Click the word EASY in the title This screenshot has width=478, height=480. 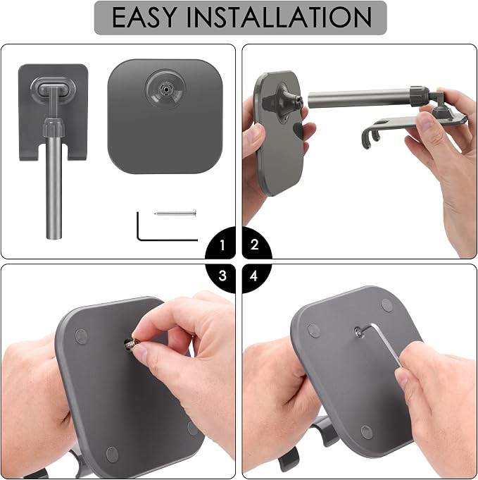[144, 17]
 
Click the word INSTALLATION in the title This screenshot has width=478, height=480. [279, 17]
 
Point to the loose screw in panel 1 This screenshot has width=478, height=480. [175, 214]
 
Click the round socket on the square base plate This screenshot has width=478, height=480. [165, 89]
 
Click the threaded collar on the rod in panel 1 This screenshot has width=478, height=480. [54, 127]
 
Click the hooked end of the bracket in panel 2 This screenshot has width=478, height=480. [371, 137]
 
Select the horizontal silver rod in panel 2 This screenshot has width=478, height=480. [359, 99]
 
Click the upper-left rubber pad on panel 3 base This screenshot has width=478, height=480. [82, 336]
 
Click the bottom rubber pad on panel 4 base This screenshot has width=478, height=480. [366, 431]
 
